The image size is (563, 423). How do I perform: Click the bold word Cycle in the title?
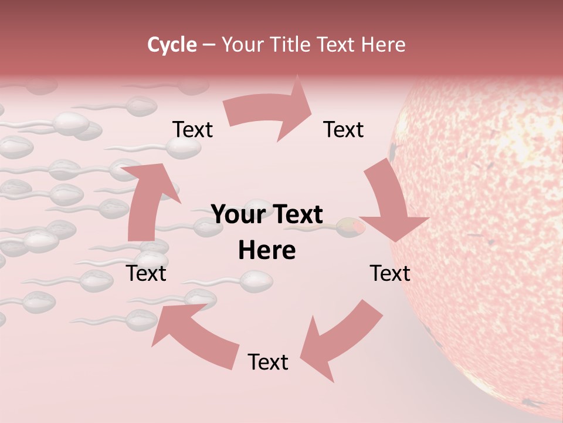[x=172, y=45]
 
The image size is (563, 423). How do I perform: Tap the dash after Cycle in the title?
[x=209, y=45]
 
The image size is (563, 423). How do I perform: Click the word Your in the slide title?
[x=242, y=45]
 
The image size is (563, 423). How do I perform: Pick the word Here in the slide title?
[x=384, y=45]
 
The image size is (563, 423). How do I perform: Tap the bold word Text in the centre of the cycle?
[x=296, y=214]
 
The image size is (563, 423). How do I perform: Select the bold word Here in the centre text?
[x=267, y=251]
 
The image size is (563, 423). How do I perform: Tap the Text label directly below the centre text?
[x=267, y=362]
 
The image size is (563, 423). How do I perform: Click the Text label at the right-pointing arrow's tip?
[x=344, y=130]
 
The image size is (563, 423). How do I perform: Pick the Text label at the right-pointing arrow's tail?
[x=192, y=130]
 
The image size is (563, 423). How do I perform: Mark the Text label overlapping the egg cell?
[x=390, y=273]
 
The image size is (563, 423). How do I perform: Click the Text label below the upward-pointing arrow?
[x=146, y=273]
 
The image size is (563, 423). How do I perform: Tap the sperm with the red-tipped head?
[x=351, y=227]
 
